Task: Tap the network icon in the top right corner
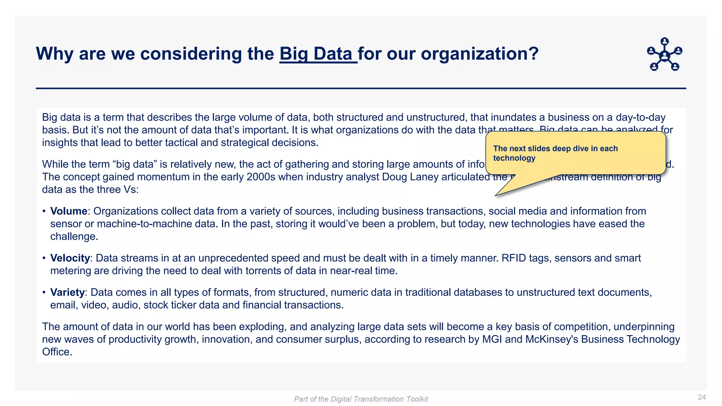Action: pos(665,55)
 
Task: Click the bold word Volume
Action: pos(69,211)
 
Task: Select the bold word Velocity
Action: pos(70,258)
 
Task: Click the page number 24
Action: pos(702,397)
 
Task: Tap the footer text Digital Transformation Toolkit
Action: pos(379,399)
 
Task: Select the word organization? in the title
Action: pos(480,54)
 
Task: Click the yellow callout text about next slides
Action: pos(555,153)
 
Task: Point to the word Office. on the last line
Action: pos(57,352)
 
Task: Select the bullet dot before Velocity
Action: pos(44,258)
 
